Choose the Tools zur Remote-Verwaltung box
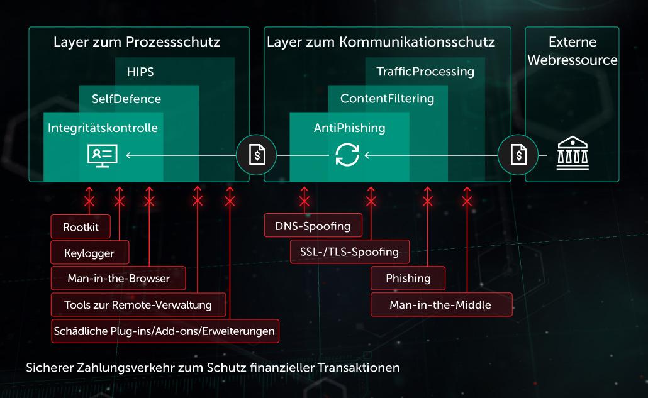point(137,305)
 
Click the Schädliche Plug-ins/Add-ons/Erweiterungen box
point(165,331)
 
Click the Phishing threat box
point(408,278)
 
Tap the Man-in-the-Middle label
point(440,305)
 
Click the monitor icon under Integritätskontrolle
point(102,154)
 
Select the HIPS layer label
point(140,72)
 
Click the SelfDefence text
point(126,99)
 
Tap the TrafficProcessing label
point(425,72)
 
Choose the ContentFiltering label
point(387,99)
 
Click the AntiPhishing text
point(349,128)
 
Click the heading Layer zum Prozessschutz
point(137,43)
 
